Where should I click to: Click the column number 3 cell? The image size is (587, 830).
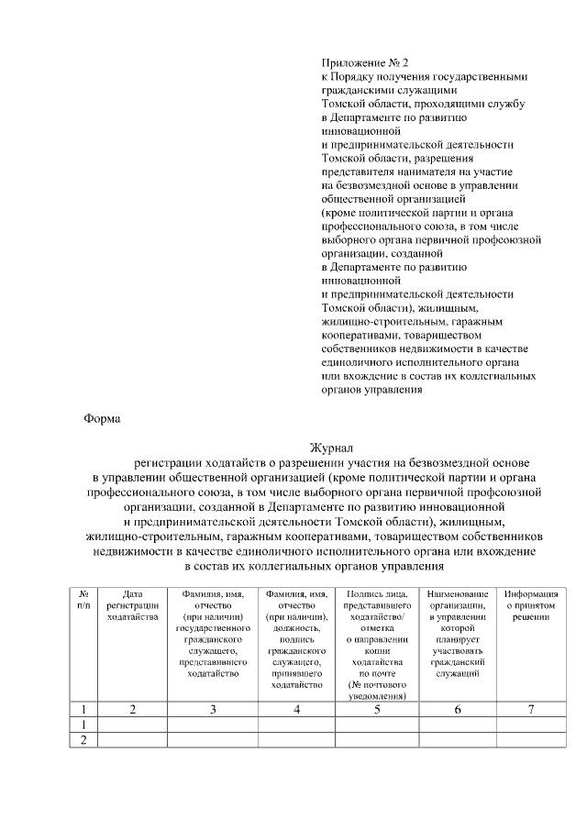213,709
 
